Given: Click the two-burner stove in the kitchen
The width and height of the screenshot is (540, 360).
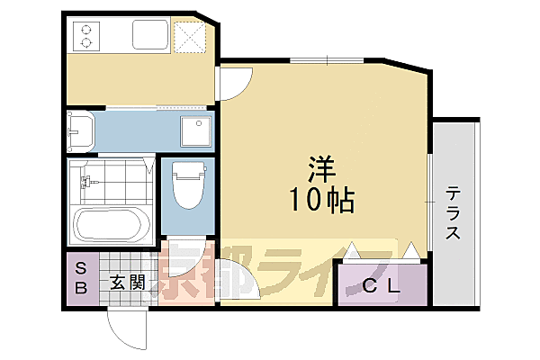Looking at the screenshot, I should [x=87, y=35].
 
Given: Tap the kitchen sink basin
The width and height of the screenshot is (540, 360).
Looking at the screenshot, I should [x=149, y=35].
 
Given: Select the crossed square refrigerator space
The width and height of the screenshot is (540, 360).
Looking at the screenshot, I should [x=191, y=36].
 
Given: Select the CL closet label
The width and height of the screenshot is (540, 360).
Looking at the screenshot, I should [x=381, y=287].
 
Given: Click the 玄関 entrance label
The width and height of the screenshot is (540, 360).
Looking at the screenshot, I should [x=128, y=282].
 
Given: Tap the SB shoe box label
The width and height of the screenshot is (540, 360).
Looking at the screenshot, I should [x=80, y=278].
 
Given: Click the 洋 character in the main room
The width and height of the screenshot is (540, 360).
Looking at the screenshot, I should [x=320, y=168].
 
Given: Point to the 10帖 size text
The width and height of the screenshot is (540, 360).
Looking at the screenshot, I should [x=320, y=199].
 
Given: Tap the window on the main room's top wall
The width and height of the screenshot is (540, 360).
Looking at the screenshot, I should [x=327, y=60].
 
